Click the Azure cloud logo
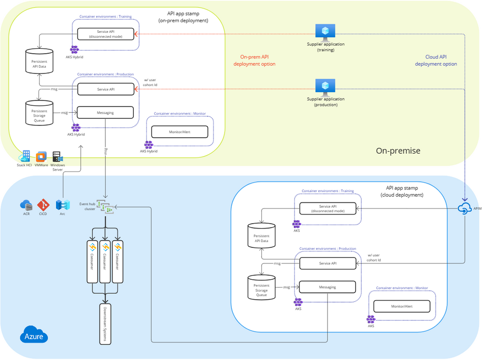34,335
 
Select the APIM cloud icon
465,208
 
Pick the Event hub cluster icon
105,207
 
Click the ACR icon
26,205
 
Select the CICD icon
43,205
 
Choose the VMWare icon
42,157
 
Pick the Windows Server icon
58,157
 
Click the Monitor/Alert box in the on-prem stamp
180,131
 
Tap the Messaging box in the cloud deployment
327,287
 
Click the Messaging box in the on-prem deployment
105,113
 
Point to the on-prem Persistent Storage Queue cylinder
39,113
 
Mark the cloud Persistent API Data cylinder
261,235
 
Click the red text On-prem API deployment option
255,60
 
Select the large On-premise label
398,151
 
